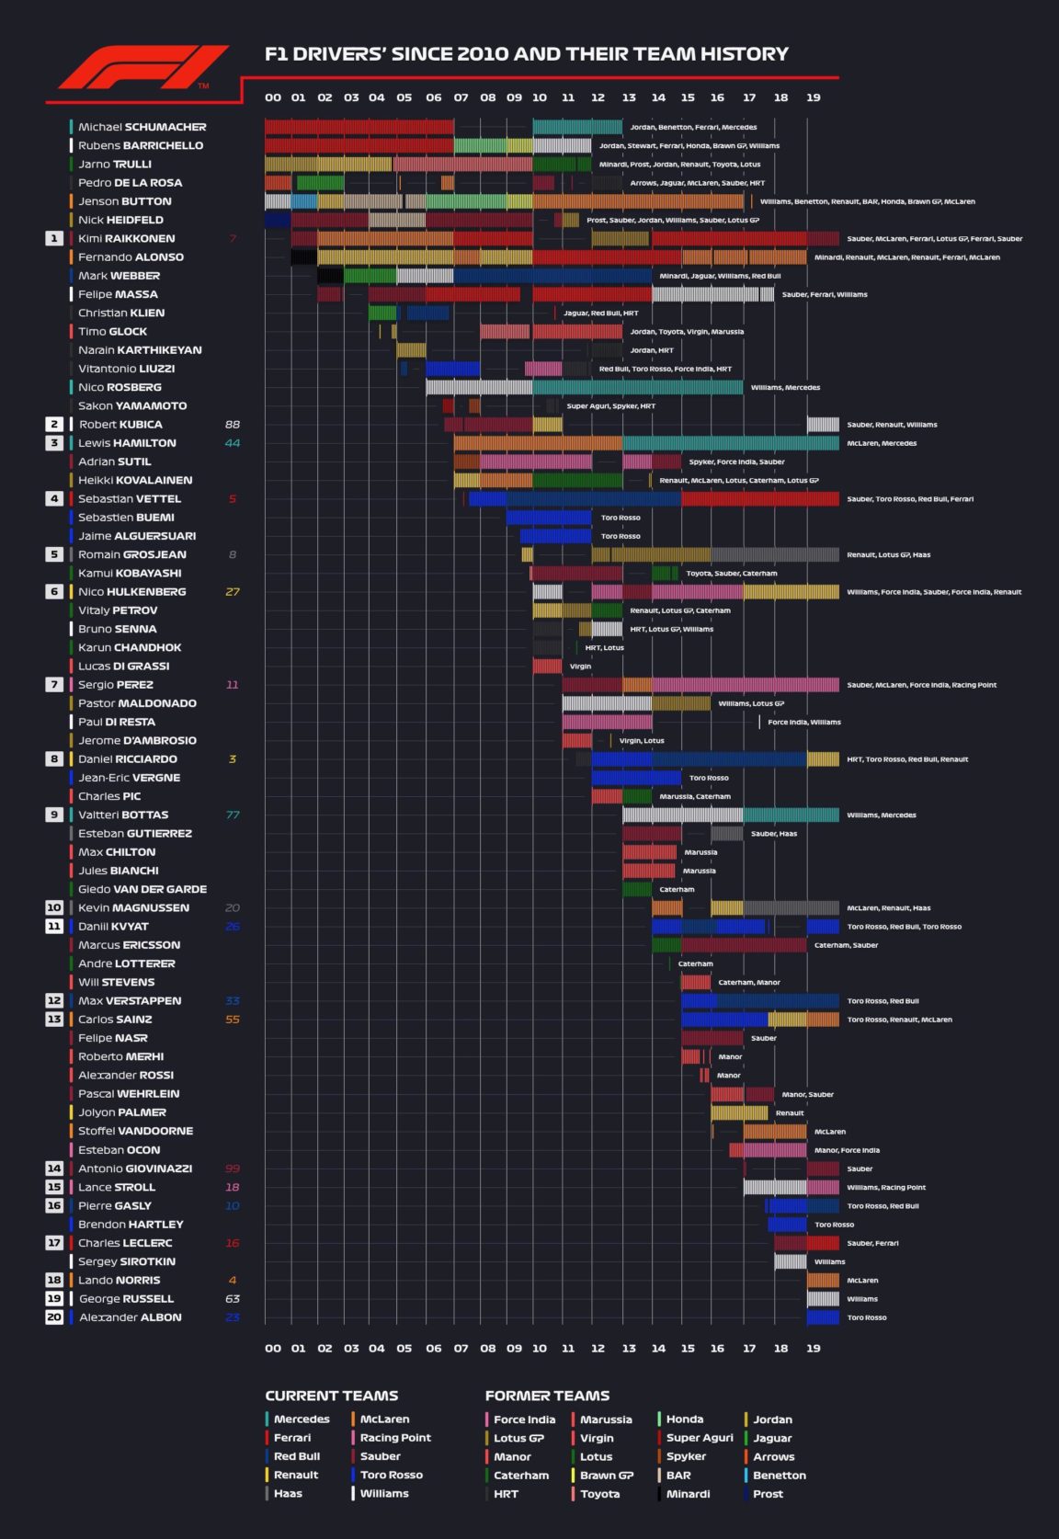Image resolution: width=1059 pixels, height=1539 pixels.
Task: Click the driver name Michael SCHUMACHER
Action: [142, 127]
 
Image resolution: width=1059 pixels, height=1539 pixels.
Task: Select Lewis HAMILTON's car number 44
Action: [233, 443]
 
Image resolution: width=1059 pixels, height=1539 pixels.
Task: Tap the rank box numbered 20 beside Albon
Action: [54, 1317]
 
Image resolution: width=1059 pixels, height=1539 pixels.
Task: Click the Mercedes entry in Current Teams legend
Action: [302, 1419]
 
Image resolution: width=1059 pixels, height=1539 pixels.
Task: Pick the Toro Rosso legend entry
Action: [392, 1475]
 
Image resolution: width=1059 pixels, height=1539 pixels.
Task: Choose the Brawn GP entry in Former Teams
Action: [606, 1475]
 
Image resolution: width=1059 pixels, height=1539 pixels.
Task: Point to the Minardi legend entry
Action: [688, 1494]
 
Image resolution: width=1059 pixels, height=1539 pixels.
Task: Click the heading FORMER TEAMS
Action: [547, 1396]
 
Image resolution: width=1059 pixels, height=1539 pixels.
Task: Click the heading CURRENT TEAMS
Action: [331, 1396]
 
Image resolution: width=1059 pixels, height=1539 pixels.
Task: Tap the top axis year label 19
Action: [814, 97]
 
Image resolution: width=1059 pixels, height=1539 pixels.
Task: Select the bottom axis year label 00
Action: [273, 1349]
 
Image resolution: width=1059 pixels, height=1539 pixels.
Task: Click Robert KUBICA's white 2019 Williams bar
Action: [823, 425]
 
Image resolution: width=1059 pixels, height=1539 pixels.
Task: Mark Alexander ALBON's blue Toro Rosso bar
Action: [823, 1317]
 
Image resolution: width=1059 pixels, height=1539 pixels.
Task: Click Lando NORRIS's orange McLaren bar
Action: [823, 1280]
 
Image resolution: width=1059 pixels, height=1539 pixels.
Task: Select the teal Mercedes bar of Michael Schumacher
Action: [577, 127]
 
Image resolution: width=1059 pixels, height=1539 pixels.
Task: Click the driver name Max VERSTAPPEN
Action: [130, 1001]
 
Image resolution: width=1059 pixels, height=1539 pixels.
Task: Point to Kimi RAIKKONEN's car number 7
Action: [233, 239]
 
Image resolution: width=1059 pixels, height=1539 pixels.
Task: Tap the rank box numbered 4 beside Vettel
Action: [54, 499]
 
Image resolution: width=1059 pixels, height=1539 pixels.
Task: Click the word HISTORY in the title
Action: [745, 54]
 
